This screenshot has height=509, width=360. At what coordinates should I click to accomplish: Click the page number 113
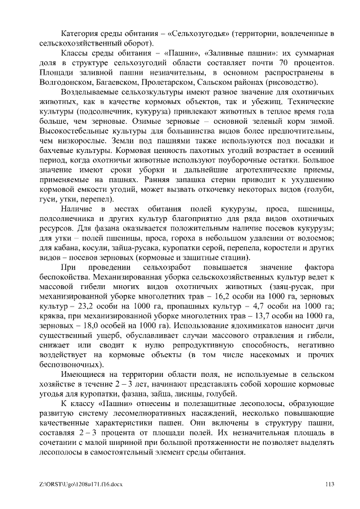click(330, 482)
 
